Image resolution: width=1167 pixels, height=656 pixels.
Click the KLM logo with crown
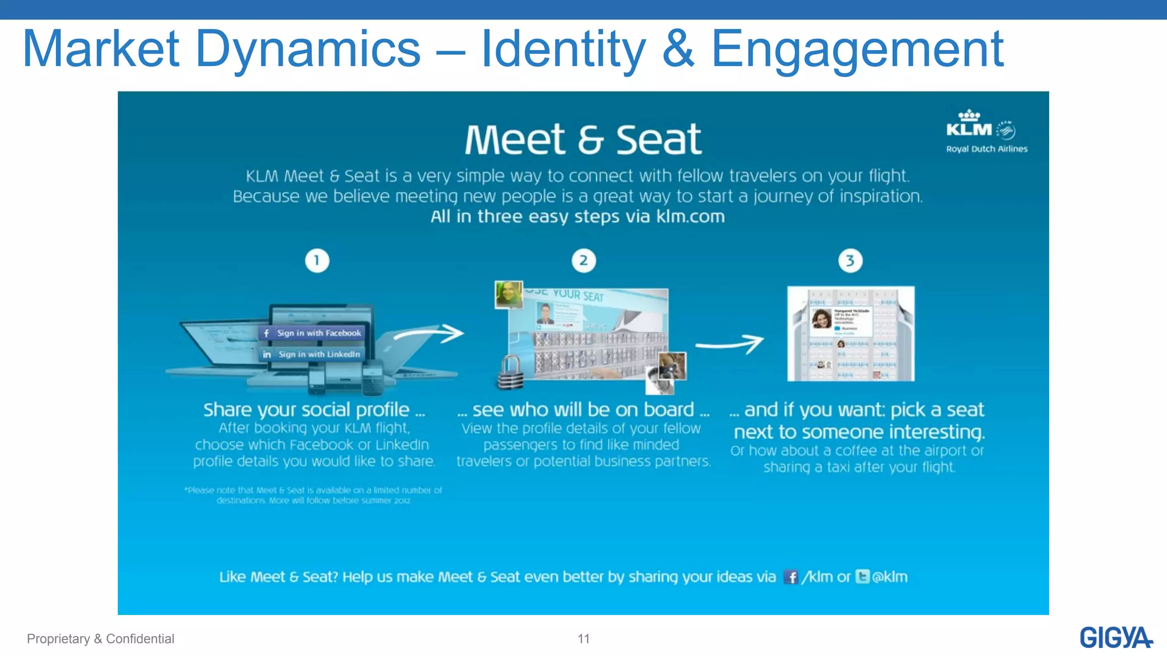point(969,124)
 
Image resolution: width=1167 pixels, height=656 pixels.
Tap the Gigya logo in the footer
point(1115,637)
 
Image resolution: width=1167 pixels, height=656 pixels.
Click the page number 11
point(583,639)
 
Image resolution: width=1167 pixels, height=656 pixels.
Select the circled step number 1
point(317,261)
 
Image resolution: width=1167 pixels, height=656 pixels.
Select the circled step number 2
point(583,261)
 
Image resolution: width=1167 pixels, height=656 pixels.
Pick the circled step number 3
point(850,261)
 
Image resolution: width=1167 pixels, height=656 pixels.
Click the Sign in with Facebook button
point(313,333)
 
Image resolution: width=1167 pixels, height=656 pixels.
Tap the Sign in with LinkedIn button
point(313,354)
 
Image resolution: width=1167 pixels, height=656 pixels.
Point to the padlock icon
point(511,373)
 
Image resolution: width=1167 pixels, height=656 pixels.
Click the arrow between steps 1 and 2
point(430,334)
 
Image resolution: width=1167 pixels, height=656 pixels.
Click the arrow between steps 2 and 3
point(731,344)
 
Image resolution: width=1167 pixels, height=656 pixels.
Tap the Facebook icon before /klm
point(791,577)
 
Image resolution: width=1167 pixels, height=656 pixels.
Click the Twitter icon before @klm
point(863,577)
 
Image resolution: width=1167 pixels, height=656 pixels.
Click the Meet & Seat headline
point(583,140)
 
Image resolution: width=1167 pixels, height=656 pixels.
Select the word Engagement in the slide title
point(857,50)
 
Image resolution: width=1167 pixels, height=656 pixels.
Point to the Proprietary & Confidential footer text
point(100,639)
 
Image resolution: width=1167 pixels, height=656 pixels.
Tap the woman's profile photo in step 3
point(821,319)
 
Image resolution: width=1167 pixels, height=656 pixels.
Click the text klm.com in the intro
point(691,217)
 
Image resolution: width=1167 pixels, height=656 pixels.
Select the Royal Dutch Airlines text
point(987,149)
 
